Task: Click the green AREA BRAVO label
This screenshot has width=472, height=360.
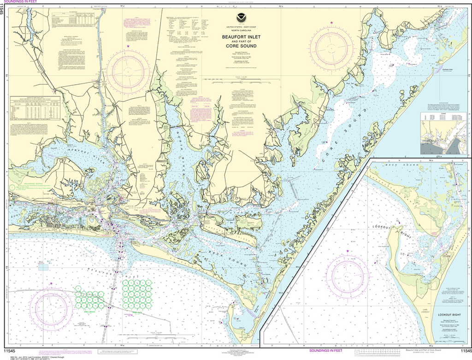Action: (x=86, y=312)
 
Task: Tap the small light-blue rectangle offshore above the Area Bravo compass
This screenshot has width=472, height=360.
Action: (x=43, y=266)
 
